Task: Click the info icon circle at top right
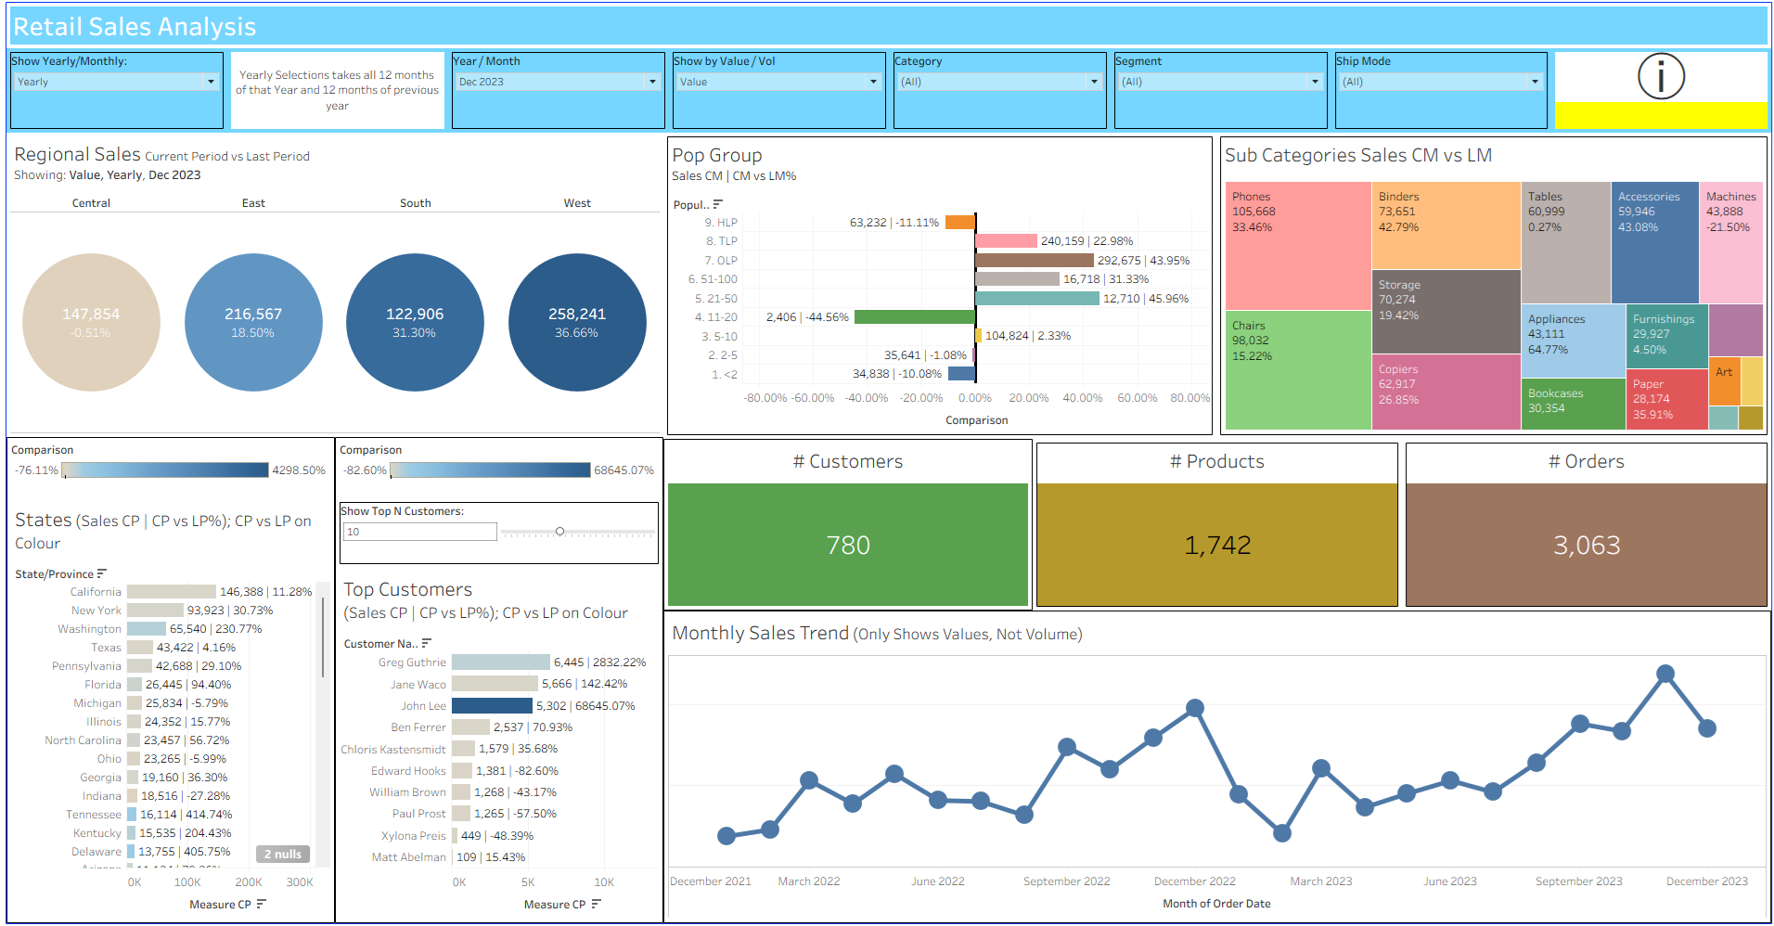click(x=1661, y=77)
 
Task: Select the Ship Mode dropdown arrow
click(x=1535, y=82)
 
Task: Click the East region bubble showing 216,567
click(x=253, y=322)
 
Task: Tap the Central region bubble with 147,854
click(x=91, y=322)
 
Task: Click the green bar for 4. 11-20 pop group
click(x=914, y=317)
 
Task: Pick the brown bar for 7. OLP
click(x=1034, y=261)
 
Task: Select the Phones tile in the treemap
click(x=1298, y=246)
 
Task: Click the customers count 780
click(x=848, y=545)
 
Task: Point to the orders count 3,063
click(x=1587, y=545)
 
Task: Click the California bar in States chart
click(x=172, y=592)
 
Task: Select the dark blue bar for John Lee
click(x=492, y=706)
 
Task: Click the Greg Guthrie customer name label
click(x=412, y=662)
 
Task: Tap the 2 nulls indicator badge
click(x=283, y=854)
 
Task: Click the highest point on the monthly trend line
click(x=1665, y=674)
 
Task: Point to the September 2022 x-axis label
click(x=1066, y=881)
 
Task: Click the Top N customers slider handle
click(x=559, y=532)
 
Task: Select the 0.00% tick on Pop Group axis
click(x=975, y=398)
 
